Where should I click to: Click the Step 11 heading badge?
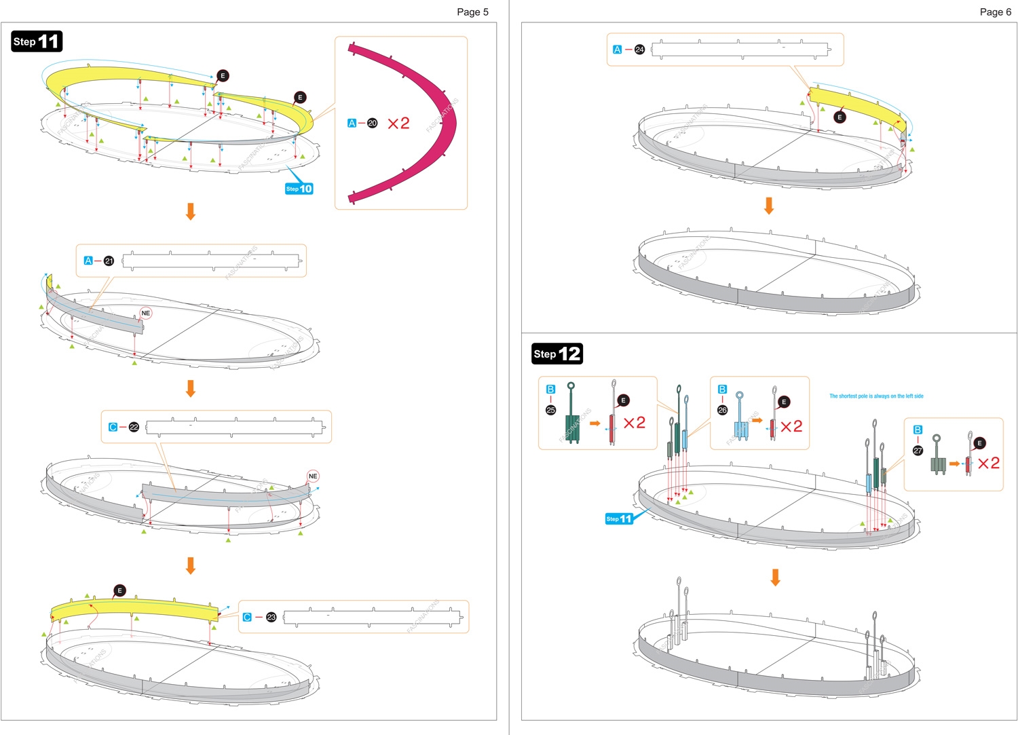pyautogui.click(x=37, y=41)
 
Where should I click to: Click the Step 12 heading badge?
pyautogui.click(x=557, y=354)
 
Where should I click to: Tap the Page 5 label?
pyautogui.click(x=472, y=12)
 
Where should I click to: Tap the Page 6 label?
pyautogui.click(x=995, y=12)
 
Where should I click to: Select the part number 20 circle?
pyautogui.click(x=372, y=123)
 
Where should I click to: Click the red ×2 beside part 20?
pyautogui.click(x=398, y=123)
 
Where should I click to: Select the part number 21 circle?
pyautogui.click(x=109, y=261)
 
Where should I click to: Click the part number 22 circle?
pyautogui.click(x=134, y=427)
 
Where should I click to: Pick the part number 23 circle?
pyautogui.click(x=271, y=617)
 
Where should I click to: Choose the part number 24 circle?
pyautogui.click(x=639, y=50)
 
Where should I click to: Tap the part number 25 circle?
pyautogui.click(x=550, y=410)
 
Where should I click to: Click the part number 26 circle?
pyautogui.click(x=722, y=410)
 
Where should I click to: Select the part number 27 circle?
pyautogui.click(x=918, y=451)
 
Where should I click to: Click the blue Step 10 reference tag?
pyautogui.click(x=299, y=189)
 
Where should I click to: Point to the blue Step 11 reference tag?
pyautogui.click(x=619, y=519)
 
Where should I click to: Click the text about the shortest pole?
pyautogui.click(x=876, y=396)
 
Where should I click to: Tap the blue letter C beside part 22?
pyautogui.click(x=113, y=427)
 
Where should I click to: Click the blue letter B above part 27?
pyautogui.click(x=918, y=430)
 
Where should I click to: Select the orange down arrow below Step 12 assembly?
pyautogui.click(x=775, y=578)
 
